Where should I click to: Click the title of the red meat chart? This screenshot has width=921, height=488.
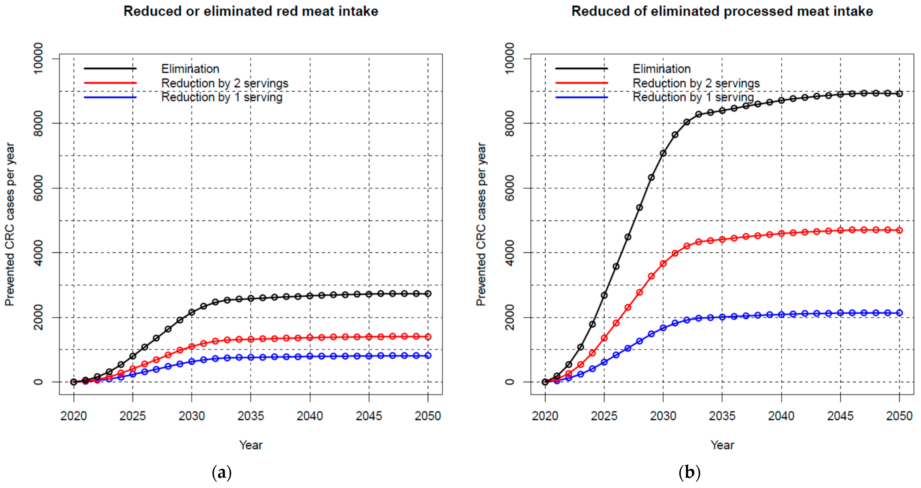coord(251,11)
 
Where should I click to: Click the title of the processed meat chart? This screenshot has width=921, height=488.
coord(722,11)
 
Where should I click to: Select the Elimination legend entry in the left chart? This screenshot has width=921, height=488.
coord(190,69)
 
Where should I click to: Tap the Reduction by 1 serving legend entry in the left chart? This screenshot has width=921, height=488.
coord(222,97)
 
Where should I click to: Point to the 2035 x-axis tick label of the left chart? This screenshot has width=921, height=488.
coord(251,416)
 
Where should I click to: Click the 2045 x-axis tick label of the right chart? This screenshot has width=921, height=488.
coord(840,416)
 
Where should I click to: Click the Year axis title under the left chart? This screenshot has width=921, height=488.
coord(251,445)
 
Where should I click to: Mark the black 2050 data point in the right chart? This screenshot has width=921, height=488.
coord(899,94)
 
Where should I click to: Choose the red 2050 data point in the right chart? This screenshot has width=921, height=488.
coord(899,230)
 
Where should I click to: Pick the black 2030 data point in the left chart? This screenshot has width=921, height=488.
coord(192,312)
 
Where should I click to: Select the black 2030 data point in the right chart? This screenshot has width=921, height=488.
coord(663,153)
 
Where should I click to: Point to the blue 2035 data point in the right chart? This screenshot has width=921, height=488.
coord(722,317)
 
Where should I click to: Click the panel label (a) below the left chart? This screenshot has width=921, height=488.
coord(222,473)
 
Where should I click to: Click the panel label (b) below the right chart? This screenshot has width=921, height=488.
coord(689,473)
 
